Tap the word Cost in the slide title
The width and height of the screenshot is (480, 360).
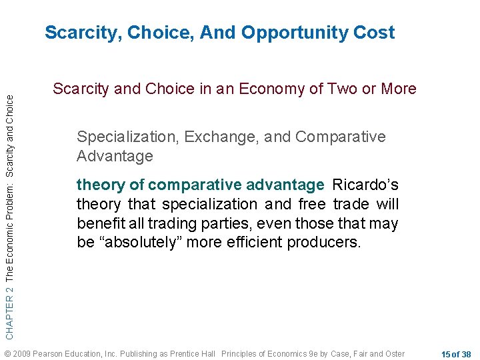click(x=374, y=33)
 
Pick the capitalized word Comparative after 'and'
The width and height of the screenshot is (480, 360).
click(x=340, y=137)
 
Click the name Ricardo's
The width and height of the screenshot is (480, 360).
click(x=365, y=184)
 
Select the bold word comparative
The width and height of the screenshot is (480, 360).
click(x=188, y=184)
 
